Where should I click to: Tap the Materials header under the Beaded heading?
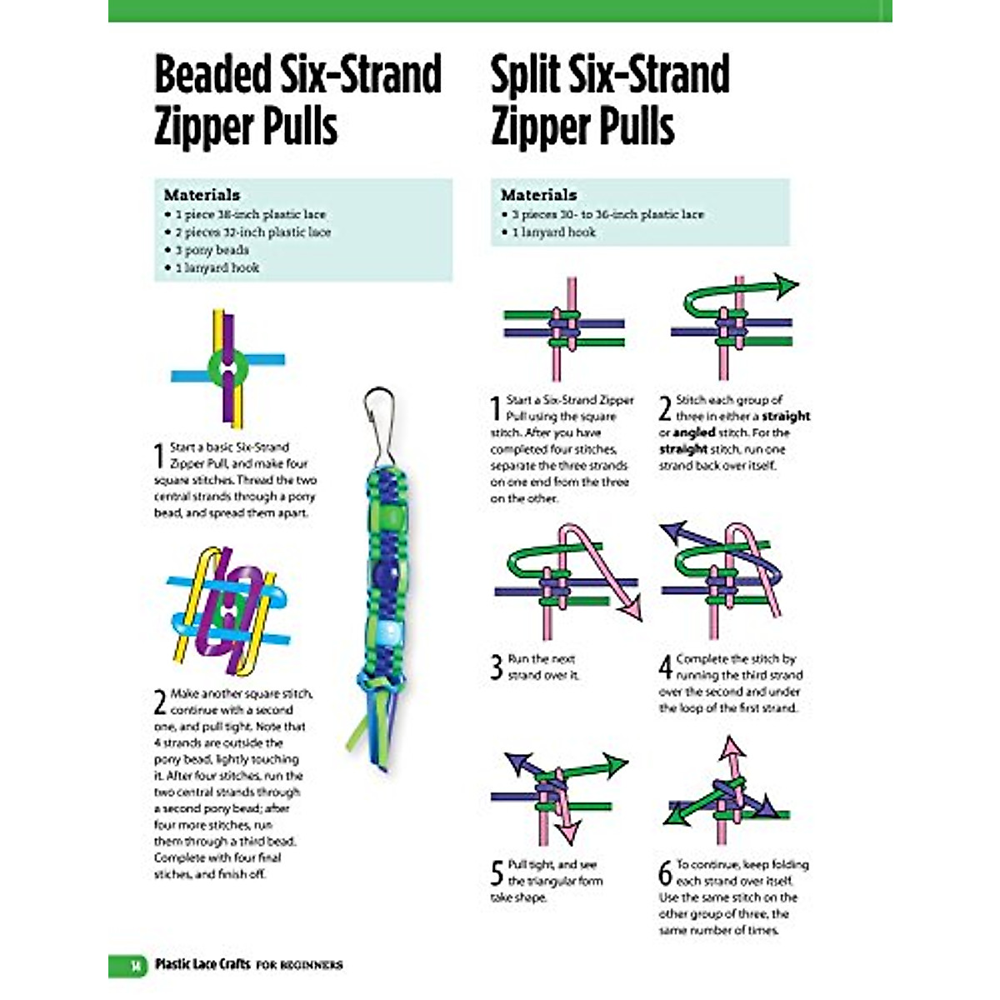(x=202, y=195)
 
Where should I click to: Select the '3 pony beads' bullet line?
(x=212, y=250)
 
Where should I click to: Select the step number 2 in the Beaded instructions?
(x=160, y=702)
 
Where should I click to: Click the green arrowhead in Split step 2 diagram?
(x=785, y=287)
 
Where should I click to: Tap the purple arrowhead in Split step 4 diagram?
(x=672, y=533)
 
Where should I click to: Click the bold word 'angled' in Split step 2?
(x=694, y=432)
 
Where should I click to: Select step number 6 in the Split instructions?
(x=665, y=873)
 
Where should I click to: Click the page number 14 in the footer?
(x=133, y=965)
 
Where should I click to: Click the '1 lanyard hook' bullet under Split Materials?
(x=553, y=232)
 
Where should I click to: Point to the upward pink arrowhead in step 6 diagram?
(x=731, y=747)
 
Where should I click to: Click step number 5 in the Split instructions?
(x=497, y=873)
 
